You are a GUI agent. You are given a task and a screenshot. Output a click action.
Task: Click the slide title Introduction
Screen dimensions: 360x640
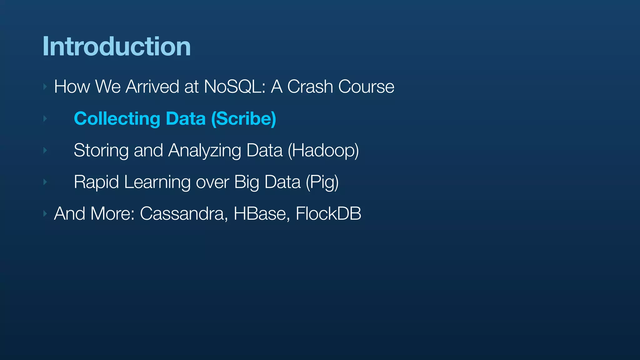pos(116,47)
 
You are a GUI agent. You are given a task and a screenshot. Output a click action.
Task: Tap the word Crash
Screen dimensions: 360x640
pos(310,87)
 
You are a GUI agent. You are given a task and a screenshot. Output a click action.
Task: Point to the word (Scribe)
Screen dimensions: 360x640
pos(243,119)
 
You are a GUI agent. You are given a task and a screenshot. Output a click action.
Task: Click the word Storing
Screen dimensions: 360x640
pos(101,150)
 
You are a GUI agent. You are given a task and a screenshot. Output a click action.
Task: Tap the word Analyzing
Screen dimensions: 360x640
pos(204,150)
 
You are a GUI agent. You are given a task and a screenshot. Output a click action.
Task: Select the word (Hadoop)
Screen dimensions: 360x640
pos(323,150)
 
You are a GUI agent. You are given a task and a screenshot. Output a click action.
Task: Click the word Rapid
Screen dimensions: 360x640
pos(96,182)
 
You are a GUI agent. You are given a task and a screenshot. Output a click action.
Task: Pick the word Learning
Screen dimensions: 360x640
pos(157,182)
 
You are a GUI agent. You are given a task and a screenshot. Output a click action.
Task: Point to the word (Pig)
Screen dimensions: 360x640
pos(322,182)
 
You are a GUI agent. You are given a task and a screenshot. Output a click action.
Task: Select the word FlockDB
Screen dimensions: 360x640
pos(328,214)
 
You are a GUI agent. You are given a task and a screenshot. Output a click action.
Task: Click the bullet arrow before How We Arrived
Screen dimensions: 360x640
pos(45,87)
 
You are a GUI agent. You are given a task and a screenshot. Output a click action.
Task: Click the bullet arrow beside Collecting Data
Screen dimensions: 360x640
pos(45,119)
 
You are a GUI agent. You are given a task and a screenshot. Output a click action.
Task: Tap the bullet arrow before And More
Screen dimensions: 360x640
pos(45,214)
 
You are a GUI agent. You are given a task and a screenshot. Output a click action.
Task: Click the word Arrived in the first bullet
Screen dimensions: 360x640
pos(152,87)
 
